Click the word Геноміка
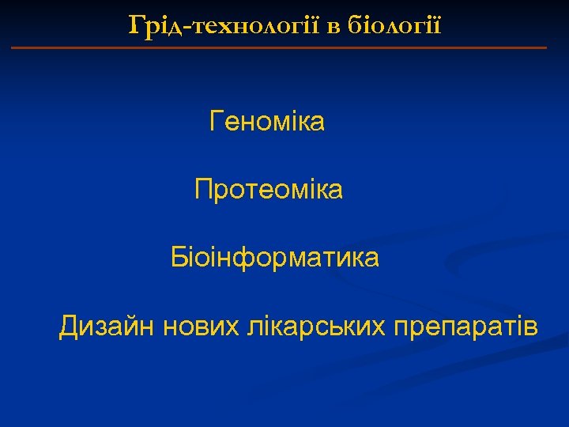(267, 123)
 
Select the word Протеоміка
(269, 190)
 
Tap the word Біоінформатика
(275, 258)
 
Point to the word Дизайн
(107, 326)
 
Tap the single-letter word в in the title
(333, 27)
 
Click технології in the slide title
(258, 27)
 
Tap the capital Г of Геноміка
(217, 122)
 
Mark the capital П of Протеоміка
(204, 190)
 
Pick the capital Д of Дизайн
(69, 326)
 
